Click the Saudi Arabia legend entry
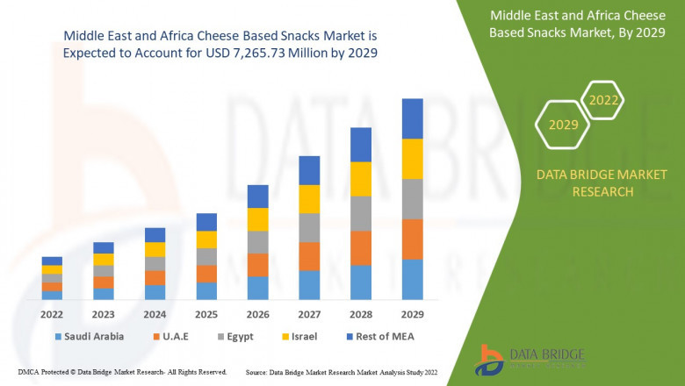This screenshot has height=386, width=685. coord(89,336)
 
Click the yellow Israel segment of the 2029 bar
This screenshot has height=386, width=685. coord(413,159)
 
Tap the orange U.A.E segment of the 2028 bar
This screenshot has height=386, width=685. coord(361,248)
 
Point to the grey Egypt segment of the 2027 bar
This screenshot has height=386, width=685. coord(309,227)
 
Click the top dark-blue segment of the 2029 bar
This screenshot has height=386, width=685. coord(413,118)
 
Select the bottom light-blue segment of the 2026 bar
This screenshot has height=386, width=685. coord(257,288)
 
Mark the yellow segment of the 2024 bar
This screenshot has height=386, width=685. coord(155,249)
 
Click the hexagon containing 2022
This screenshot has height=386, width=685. coord(603,101)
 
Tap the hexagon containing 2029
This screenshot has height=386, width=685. coord(563,125)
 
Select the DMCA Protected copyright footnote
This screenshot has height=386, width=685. coord(122,373)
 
